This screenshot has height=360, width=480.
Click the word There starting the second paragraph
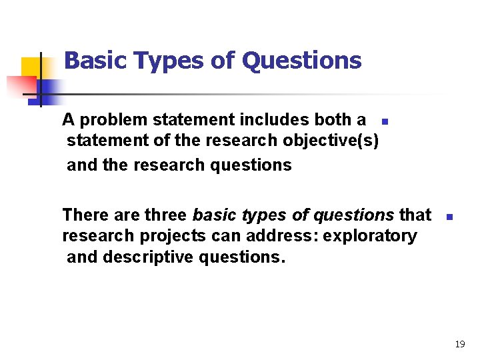click(x=85, y=215)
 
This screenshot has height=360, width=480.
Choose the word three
click(x=166, y=215)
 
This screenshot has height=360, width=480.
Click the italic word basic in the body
click(x=213, y=215)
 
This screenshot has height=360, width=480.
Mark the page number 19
click(x=459, y=344)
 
